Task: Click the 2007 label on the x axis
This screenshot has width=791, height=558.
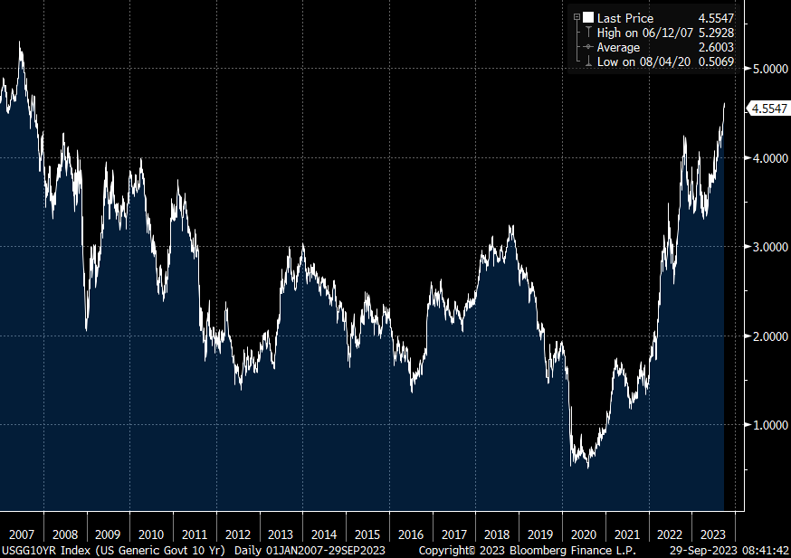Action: tap(21, 534)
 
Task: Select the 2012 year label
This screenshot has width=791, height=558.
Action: tap(238, 534)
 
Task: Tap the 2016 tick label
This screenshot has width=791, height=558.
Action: tap(411, 534)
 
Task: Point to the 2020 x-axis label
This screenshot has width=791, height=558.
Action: tap(585, 534)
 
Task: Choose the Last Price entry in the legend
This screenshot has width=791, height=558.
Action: tap(624, 18)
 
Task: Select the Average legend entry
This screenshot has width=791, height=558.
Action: tap(618, 47)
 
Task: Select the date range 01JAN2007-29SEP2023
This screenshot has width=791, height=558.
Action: tap(340, 550)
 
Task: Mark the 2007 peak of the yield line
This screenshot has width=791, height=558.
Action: tap(20, 42)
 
